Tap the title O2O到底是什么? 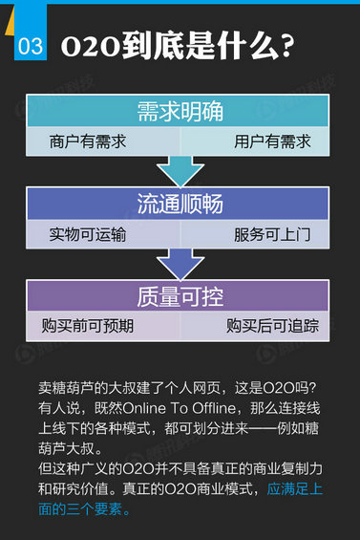(177, 46)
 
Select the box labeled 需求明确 (180, 113)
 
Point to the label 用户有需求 (272, 142)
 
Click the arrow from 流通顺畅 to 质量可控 (180, 264)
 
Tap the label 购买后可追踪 (272, 326)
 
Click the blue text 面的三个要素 (84, 508)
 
